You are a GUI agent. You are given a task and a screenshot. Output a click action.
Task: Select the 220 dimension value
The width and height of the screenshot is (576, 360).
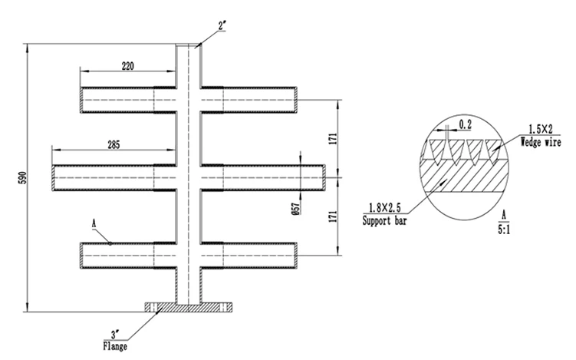click(127, 66)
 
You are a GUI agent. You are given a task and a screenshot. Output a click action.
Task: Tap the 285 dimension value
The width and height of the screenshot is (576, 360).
click(114, 145)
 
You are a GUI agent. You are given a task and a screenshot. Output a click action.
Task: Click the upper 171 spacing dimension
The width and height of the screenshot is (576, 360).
click(333, 139)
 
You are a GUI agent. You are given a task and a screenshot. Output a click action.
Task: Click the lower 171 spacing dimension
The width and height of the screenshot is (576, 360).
click(333, 216)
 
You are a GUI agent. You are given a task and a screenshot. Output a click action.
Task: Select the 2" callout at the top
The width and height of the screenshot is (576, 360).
click(222, 26)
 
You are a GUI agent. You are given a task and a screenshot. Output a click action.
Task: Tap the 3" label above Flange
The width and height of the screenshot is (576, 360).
click(115, 335)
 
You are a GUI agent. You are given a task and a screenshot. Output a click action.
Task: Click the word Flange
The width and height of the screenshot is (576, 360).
click(115, 346)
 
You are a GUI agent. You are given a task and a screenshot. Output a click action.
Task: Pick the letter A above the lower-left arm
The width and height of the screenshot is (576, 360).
click(94, 223)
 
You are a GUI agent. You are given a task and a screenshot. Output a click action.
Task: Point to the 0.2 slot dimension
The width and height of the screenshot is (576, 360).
click(465, 124)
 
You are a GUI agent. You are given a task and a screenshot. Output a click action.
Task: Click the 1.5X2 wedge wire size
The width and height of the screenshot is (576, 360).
click(541, 130)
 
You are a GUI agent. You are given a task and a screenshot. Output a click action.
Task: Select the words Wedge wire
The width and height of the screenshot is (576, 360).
click(541, 142)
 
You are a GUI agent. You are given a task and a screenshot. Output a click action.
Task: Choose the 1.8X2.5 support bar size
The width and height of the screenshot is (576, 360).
click(384, 208)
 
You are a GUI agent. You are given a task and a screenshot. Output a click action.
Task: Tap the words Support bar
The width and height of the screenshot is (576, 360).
click(384, 220)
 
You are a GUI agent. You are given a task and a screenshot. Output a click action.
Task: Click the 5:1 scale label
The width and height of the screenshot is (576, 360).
click(504, 230)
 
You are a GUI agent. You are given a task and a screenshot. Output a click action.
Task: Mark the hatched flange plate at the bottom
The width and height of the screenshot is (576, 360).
click(188, 307)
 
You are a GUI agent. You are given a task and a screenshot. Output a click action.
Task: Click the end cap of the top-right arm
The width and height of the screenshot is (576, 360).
click(296, 100)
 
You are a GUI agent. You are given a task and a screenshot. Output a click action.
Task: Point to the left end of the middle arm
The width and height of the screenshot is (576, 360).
click(53, 178)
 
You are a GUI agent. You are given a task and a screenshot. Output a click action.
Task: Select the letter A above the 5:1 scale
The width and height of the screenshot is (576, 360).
click(504, 215)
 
